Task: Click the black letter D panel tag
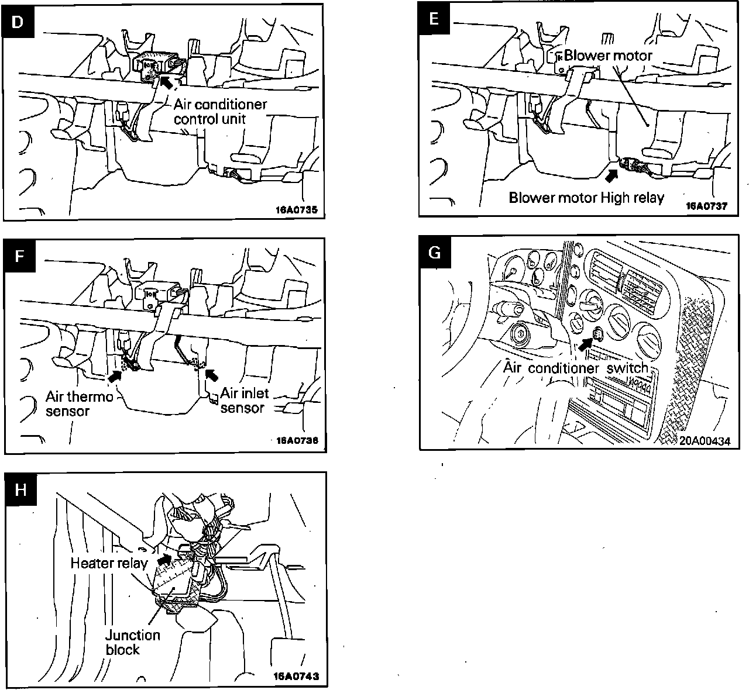click(18, 22)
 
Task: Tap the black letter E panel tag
click(434, 18)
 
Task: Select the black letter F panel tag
click(20, 256)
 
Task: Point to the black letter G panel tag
click(435, 252)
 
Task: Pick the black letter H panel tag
click(21, 490)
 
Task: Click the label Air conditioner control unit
click(220, 112)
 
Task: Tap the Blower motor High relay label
click(586, 198)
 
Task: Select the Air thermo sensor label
click(79, 403)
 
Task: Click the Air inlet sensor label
click(245, 401)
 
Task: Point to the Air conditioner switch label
click(576, 368)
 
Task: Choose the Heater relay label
click(109, 563)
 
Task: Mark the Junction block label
click(132, 642)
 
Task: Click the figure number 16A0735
click(297, 210)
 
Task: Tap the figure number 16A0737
click(706, 206)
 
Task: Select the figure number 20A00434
click(705, 441)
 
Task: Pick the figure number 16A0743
click(297, 676)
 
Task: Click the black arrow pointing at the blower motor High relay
click(611, 175)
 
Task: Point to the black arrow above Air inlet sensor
click(212, 375)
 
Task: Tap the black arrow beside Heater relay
click(164, 559)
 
